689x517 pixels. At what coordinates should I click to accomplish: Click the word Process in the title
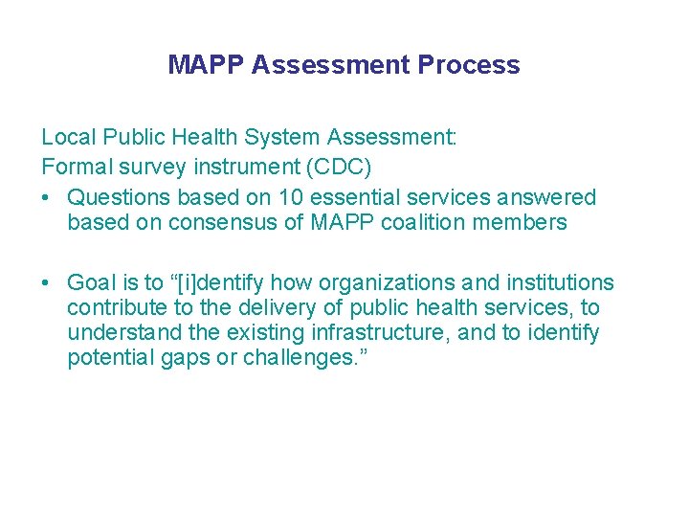pyautogui.click(x=469, y=65)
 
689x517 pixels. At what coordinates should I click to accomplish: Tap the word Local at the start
pyautogui.click(x=66, y=136)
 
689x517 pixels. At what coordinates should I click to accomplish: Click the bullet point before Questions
pyautogui.click(x=46, y=197)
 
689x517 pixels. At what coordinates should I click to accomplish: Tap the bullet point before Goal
pyautogui.click(x=46, y=282)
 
